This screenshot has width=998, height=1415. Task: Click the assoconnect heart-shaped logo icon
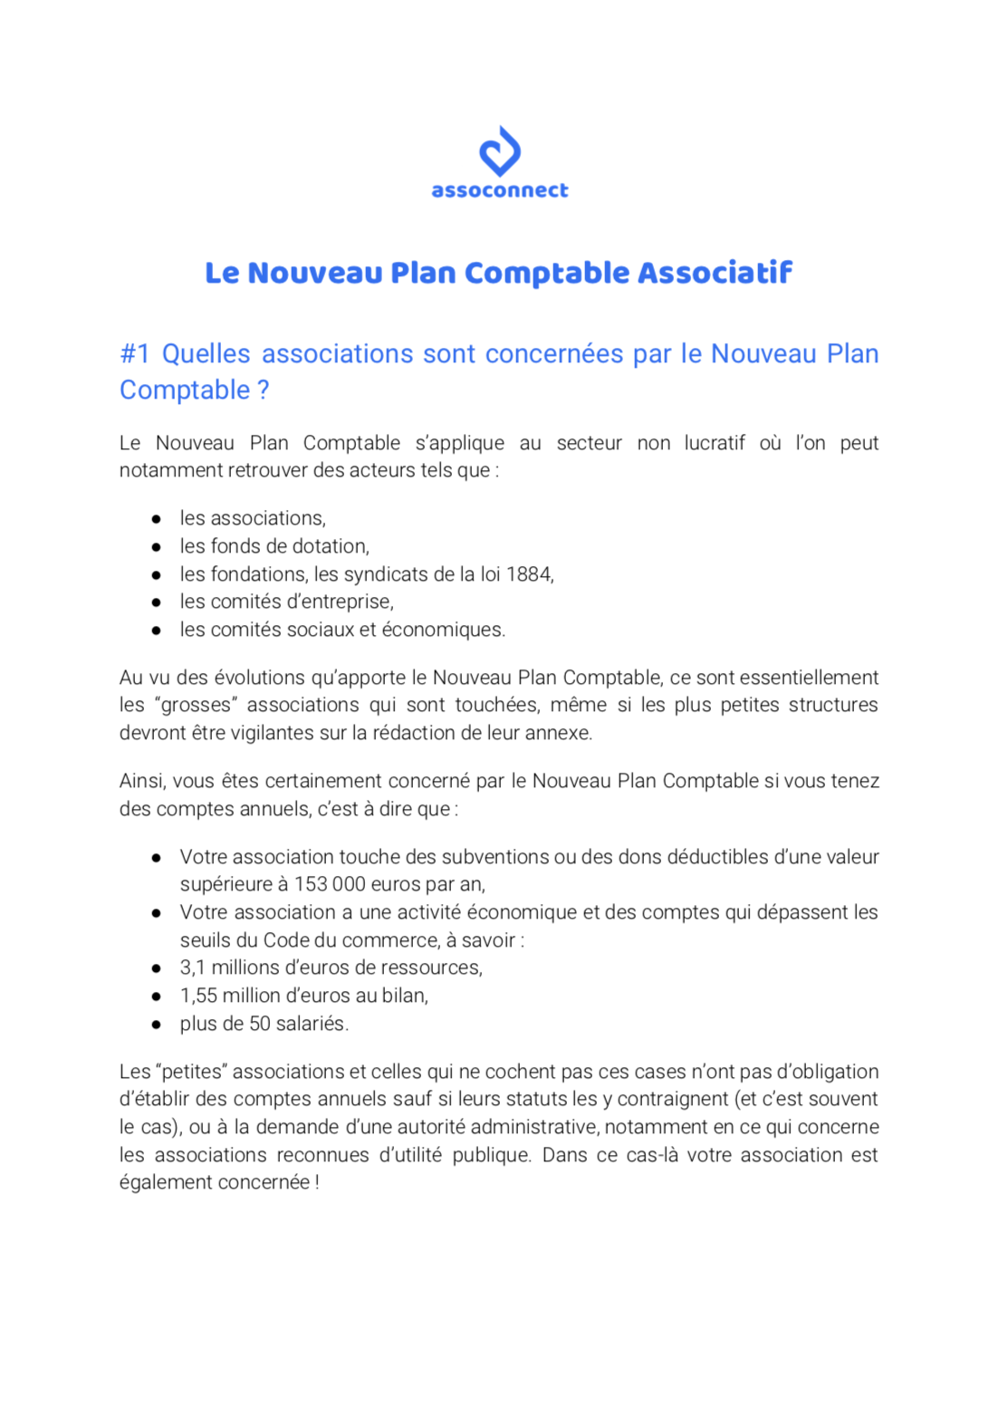[499, 150]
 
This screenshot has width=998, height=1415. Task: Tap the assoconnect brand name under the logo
[499, 190]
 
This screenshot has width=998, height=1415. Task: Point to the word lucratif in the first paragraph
[715, 443]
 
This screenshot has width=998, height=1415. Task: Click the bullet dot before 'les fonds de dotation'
[157, 547]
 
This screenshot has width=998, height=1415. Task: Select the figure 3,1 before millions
[192, 967]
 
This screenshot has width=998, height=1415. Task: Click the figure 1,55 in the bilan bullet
[198, 996]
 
